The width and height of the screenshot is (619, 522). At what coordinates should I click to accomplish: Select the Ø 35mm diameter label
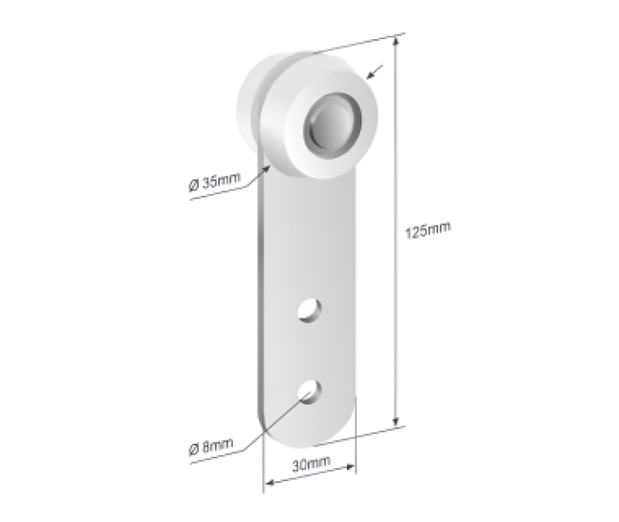[214, 183]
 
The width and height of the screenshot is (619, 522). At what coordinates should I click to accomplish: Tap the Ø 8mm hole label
[210, 448]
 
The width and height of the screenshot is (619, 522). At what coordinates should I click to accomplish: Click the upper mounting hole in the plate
[309, 309]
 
